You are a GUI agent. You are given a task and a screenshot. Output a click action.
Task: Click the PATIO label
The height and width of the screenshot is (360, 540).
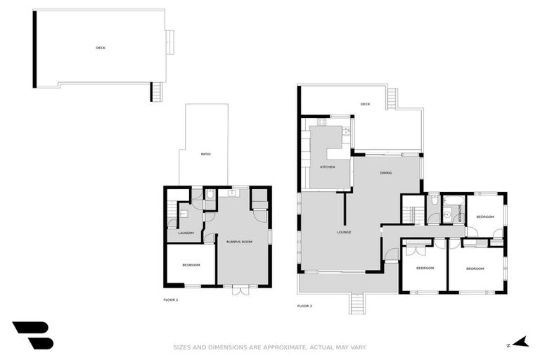(205, 154)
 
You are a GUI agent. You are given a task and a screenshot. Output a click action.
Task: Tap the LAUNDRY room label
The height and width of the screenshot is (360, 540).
(186, 233)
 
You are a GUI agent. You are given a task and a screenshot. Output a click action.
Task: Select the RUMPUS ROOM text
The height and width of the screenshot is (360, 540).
(239, 241)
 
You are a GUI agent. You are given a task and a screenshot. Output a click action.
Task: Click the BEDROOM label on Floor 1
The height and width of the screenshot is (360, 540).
(191, 265)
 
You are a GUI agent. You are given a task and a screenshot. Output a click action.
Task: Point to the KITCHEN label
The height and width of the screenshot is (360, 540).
(327, 167)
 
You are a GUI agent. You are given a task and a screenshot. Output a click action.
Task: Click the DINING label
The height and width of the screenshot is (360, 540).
(386, 173)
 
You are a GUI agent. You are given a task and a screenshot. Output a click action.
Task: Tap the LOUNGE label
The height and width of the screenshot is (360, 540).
(344, 232)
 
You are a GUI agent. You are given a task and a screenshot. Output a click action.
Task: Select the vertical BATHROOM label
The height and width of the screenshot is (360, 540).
(460, 212)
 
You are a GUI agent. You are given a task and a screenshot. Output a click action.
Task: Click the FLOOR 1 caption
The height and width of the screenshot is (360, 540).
(170, 300)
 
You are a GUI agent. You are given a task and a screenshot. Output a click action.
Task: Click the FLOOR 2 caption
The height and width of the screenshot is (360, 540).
(304, 306)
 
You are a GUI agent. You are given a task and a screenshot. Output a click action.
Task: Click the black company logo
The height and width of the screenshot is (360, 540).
(32, 335)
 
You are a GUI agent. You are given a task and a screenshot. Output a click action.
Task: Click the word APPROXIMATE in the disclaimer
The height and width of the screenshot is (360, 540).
(272, 347)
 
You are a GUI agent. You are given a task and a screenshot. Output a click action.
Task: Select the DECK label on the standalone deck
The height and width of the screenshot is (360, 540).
(101, 48)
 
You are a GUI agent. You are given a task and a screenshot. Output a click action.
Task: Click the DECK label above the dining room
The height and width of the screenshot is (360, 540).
(365, 104)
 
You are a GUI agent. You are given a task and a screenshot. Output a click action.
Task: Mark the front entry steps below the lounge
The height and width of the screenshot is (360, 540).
(357, 303)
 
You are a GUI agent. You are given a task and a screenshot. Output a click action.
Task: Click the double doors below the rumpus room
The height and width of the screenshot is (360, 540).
(240, 288)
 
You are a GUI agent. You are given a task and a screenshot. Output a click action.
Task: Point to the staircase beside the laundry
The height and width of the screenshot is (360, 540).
(172, 212)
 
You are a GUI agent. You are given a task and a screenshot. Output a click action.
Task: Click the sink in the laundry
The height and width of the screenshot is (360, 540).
(183, 214)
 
